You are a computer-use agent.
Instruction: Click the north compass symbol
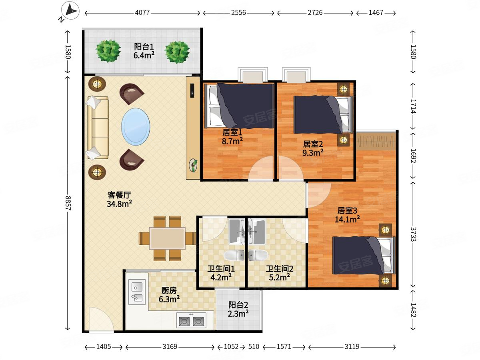70,10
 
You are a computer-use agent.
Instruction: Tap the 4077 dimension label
142,13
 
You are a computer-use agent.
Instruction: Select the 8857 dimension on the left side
68,203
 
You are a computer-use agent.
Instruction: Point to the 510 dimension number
254,347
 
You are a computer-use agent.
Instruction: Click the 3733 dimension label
413,234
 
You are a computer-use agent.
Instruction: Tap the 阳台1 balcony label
144,46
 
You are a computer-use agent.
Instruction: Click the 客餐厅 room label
119,194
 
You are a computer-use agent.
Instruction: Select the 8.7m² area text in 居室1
232,141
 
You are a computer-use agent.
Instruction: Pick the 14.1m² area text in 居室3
347,219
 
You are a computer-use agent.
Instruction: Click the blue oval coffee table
136,127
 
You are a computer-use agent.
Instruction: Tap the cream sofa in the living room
98,128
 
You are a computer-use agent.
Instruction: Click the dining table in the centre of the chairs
168,238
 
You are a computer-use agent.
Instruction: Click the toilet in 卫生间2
258,255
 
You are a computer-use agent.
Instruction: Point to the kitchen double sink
137,292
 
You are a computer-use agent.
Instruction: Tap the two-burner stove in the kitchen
191,320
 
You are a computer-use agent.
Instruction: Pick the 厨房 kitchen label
169,290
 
